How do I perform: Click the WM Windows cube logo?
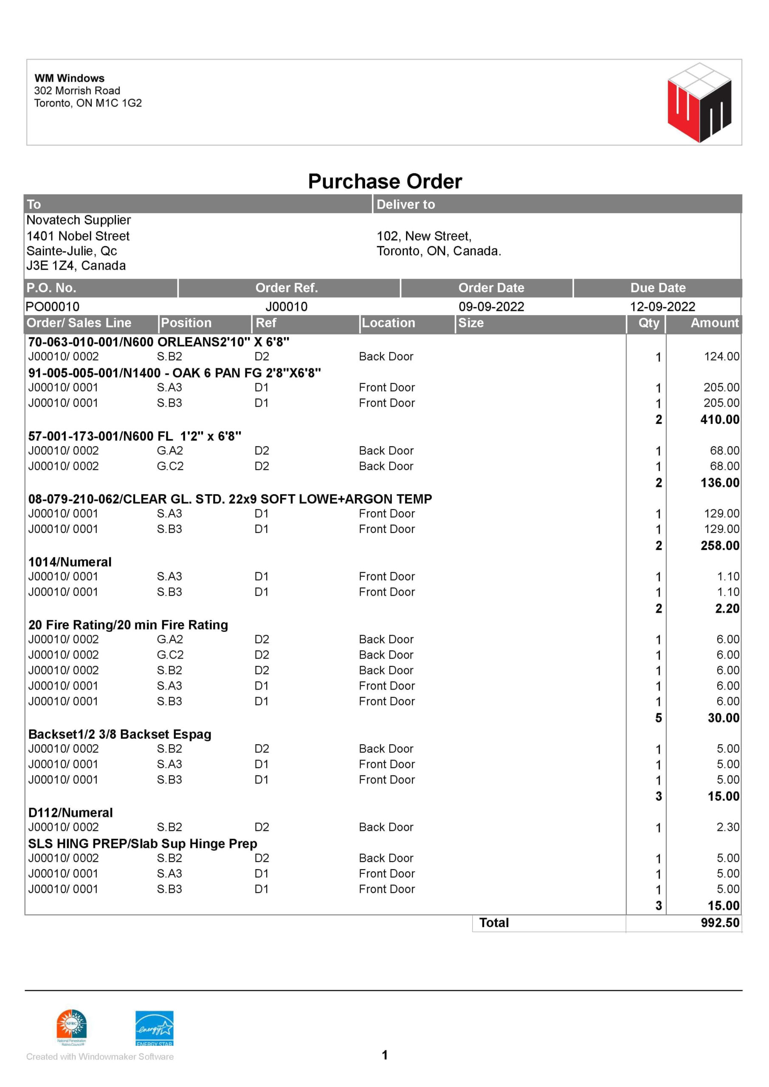coord(699,102)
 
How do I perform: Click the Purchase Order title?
coord(385,181)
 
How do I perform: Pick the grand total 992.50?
coord(720,923)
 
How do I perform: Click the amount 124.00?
coord(721,357)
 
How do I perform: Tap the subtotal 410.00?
coord(719,420)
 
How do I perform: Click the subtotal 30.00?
coord(723,718)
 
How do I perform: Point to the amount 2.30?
coord(727,827)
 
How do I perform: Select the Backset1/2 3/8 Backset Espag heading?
coord(120,734)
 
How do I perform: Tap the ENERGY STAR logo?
coord(155,1028)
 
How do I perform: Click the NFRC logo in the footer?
coord(71,1026)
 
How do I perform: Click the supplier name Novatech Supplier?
coord(79,220)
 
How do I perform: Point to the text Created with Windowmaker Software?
coord(100,1057)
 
